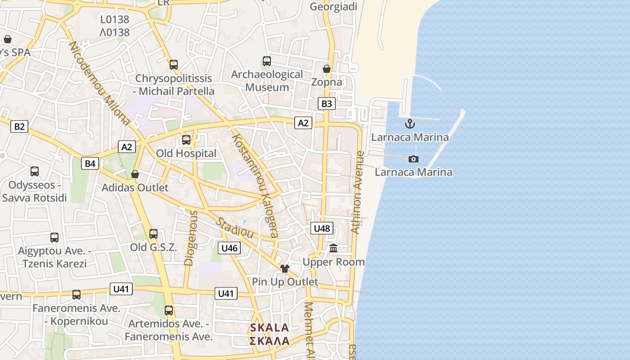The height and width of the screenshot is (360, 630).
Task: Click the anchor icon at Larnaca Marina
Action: coord(409,124)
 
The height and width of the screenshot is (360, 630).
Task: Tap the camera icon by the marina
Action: coord(413,159)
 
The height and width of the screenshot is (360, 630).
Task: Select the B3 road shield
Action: coord(327,104)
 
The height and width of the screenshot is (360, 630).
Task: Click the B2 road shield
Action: coord(19,126)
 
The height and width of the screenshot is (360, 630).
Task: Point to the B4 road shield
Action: coord(90,163)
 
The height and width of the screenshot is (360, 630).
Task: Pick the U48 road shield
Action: coord(322,228)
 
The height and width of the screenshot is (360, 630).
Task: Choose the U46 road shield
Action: coord(229,248)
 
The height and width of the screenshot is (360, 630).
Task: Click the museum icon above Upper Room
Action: coord(333,248)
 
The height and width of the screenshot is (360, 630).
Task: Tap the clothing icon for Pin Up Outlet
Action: coord(284,269)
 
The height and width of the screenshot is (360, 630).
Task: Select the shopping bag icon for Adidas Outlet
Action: coord(135,174)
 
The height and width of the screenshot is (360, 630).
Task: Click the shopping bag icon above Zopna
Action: coord(327,69)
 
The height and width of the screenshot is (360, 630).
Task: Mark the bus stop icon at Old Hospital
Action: coord(186,140)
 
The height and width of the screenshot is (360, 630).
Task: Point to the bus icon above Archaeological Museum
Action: coord(267,61)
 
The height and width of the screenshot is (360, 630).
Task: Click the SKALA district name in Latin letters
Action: coord(270,328)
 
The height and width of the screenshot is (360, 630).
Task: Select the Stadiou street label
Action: coord(234,228)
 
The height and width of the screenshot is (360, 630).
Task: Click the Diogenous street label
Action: coord(190,238)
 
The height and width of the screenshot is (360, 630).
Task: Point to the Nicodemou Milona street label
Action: coord(99,83)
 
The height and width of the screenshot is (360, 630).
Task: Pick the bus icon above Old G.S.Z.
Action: coord(153,234)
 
